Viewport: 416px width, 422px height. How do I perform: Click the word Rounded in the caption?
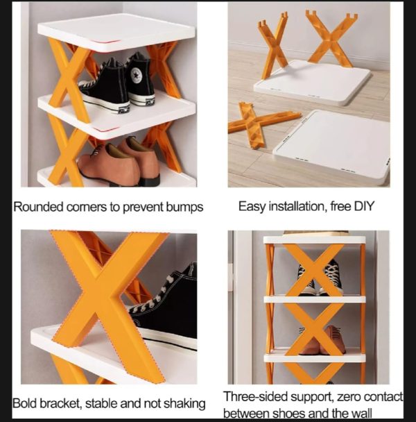pyautogui.click(x=36, y=207)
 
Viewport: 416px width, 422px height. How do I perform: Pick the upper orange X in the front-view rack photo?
pyautogui.click(x=313, y=271)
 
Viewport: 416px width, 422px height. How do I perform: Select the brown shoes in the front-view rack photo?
pyautogui.click(x=326, y=341)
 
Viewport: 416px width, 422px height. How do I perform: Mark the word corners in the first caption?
pyautogui.click(x=89, y=207)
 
